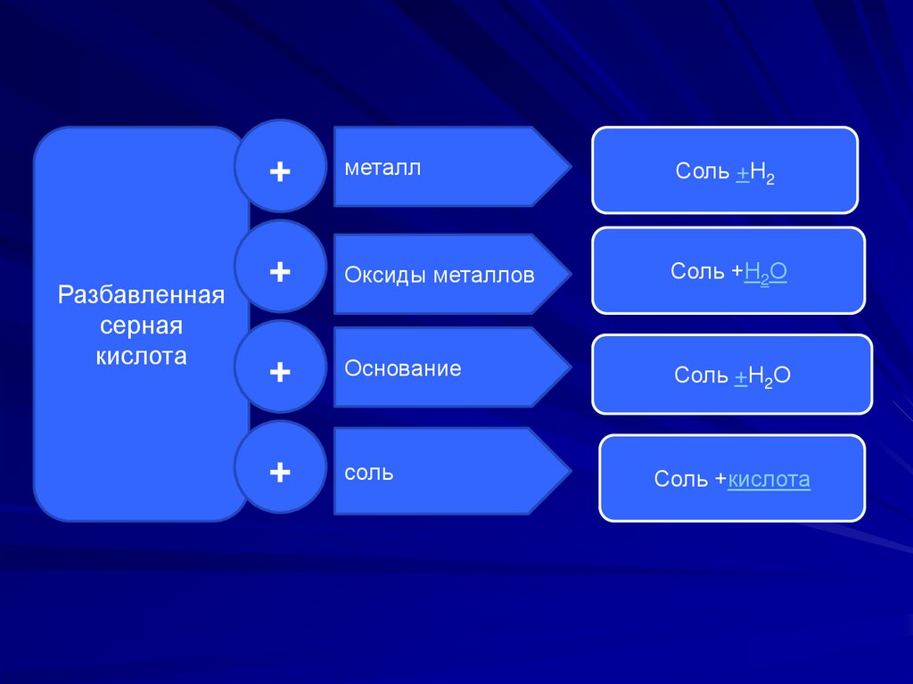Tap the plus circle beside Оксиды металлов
tap(280, 271)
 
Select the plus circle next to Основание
tap(280, 371)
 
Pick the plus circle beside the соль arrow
tap(280, 472)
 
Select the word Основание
tap(403, 368)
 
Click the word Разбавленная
tap(140, 294)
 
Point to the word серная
tap(140, 326)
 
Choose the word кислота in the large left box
tap(141, 357)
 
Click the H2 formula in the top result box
tap(762, 173)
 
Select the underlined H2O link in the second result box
tap(765, 272)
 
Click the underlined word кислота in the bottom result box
tap(769, 480)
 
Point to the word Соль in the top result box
tap(702, 171)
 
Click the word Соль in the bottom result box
tap(681, 480)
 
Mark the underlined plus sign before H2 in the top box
tap(742, 171)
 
